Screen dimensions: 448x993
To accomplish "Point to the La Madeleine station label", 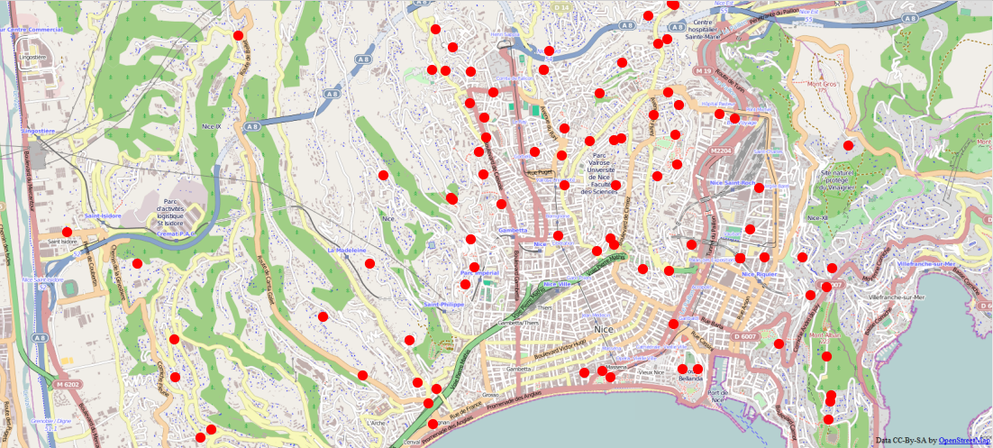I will tap(346, 250).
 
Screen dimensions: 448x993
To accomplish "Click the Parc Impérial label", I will tap(479, 272).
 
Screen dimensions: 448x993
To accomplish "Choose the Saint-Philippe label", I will tap(444, 305).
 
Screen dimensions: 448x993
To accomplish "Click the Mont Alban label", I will tap(825, 335).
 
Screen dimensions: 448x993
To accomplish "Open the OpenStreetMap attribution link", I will tap(964, 440).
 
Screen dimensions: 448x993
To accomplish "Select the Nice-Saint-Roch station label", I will tap(733, 183).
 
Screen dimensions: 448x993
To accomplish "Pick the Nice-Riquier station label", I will tap(760, 272).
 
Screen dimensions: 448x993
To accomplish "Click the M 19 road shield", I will tap(704, 70).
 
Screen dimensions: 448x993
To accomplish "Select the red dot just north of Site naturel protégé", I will tap(848, 145).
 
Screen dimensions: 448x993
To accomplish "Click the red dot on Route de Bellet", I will tap(239, 36).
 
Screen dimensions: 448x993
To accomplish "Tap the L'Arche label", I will tap(376, 422).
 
